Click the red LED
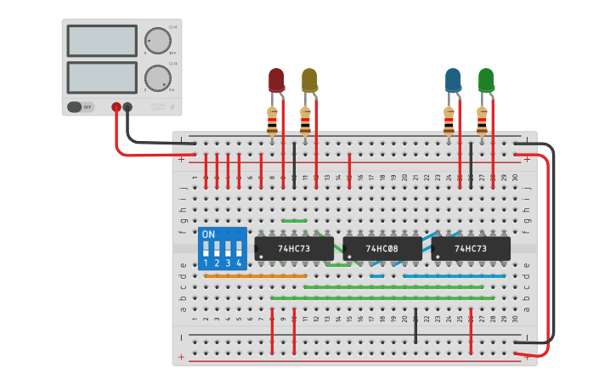pos(277,80)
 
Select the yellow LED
pos(309,80)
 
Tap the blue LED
pos(453,80)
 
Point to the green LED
pos(486,80)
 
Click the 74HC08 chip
pos(382,248)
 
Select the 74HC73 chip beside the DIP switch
pos(294,248)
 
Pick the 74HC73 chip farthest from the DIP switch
pos(471,248)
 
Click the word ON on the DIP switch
pos(209,234)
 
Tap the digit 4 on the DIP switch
pos(240,263)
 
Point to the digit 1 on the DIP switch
pos(206,263)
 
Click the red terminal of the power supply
pos(116,107)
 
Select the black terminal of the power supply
pos(127,107)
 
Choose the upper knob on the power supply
pos(156,40)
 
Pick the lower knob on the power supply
pos(156,78)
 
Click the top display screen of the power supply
pos(101,41)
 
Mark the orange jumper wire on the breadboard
pos(255,276)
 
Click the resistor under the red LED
pos(272,121)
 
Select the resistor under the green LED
pos(482,121)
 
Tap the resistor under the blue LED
pos(449,121)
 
